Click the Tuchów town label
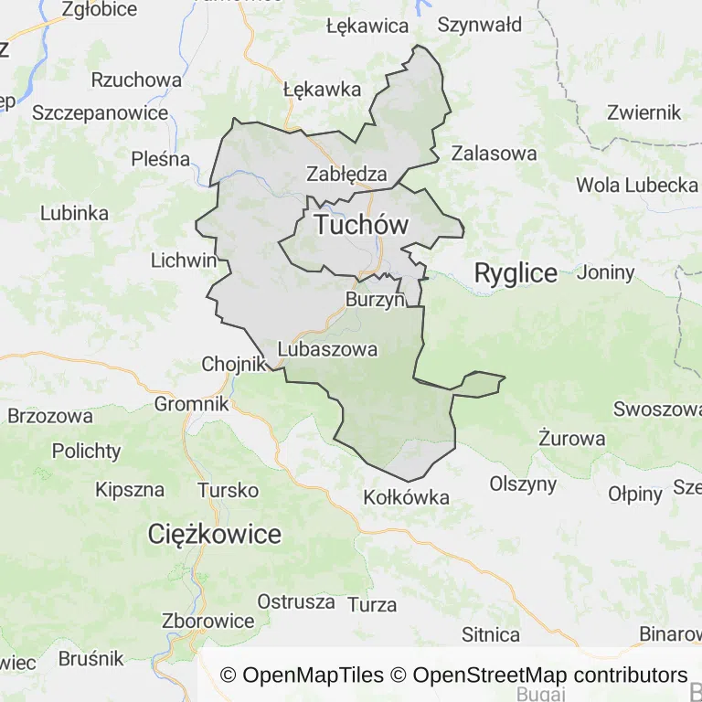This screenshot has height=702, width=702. tap(360, 226)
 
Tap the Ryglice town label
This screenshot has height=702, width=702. tap(516, 273)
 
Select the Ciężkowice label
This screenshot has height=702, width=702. tap(215, 535)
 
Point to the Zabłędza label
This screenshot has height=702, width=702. tap(346, 174)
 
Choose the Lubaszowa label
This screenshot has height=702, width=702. tap(327, 349)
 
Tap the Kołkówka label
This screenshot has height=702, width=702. tap(406, 498)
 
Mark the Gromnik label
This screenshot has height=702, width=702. tap(192, 403)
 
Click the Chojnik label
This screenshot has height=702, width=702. tap(232, 365)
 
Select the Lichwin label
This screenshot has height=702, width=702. tap(184, 261)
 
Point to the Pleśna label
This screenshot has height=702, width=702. tap(160, 159)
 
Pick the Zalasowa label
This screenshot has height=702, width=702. tap(494, 153)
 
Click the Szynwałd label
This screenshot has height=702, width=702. tap(479, 26)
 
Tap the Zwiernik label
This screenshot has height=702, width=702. tap(644, 112)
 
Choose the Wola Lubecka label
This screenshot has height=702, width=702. tap(637, 185)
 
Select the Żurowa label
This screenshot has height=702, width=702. tap(572, 439)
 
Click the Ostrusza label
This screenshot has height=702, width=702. tap(296, 601)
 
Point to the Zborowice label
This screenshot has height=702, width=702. tap(207, 622)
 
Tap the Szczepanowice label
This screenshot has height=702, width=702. tap(101, 113)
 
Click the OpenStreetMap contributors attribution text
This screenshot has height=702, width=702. tap(550, 675)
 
